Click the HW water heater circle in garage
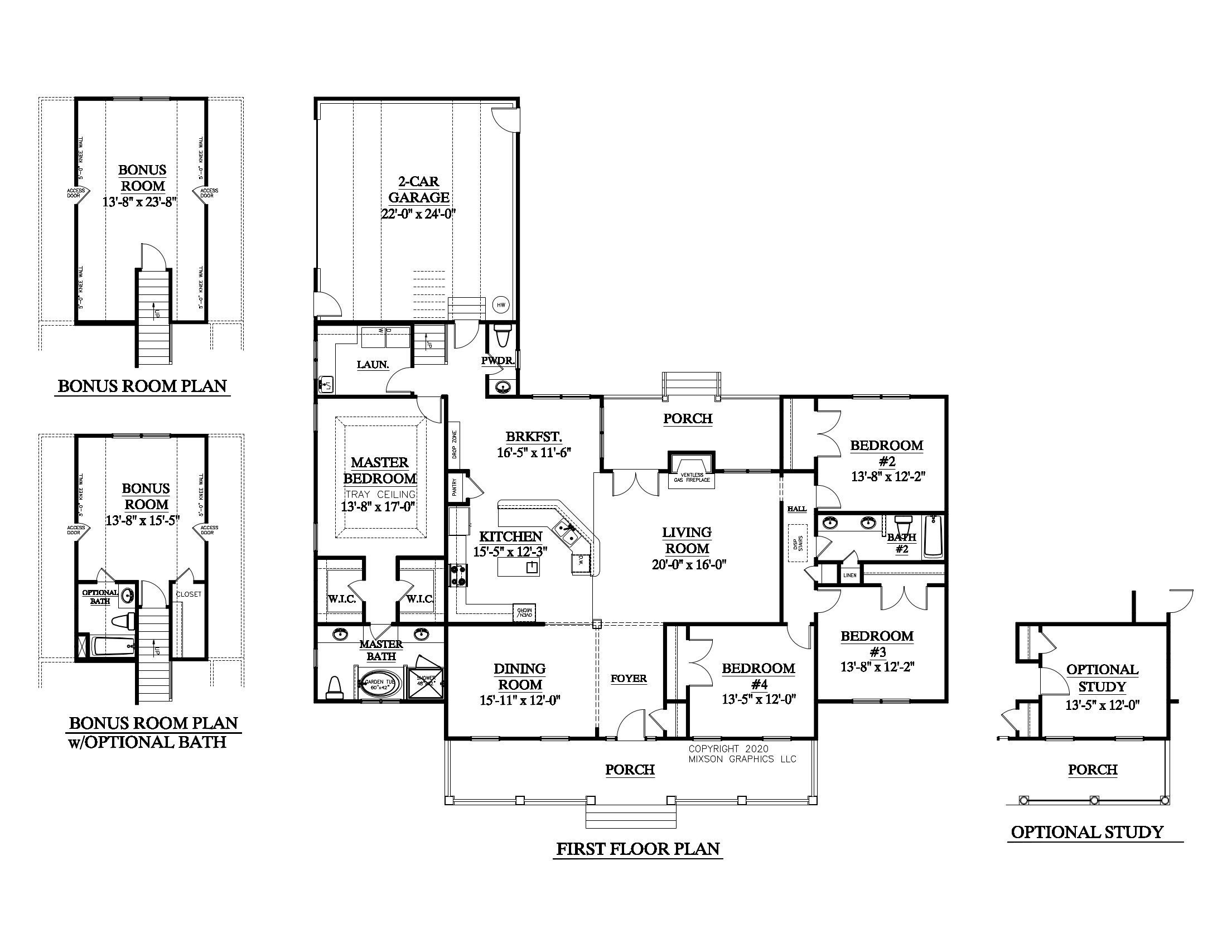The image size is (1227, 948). (501, 305)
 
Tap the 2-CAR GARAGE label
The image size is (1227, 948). (419, 189)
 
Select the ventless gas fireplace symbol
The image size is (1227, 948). (692, 469)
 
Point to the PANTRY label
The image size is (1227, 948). (455, 486)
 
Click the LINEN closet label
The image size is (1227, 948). (850, 575)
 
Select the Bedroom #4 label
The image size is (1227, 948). (759, 676)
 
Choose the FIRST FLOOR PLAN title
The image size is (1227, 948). (637, 849)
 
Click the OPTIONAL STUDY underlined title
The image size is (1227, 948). (1086, 832)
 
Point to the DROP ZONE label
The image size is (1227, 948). (455, 444)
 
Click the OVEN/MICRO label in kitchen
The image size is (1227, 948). (524, 613)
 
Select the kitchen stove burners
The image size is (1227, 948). (458, 575)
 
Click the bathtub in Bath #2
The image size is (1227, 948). (933, 536)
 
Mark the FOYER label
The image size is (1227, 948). (629, 679)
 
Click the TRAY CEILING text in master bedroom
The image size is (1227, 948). (380, 494)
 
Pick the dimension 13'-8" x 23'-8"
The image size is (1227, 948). (140, 202)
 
